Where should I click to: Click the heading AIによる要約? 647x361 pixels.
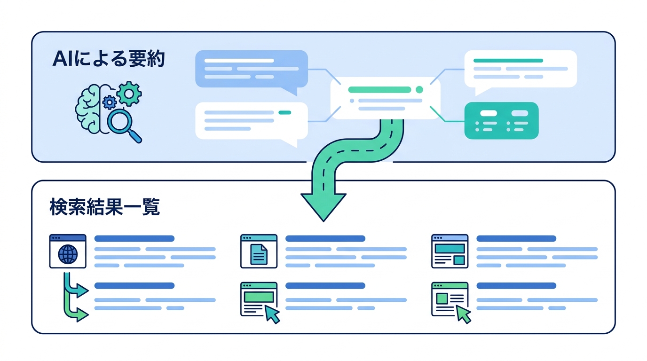tap(109, 59)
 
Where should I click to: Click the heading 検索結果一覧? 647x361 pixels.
tap(104, 207)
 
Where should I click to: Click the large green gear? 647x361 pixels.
tap(129, 94)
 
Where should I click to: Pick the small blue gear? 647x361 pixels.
tap(110, 102)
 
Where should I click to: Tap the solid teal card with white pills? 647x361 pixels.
tap(501, 120)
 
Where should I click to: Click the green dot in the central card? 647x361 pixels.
tap(419, 89)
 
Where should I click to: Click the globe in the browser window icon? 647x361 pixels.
tap(68, 254)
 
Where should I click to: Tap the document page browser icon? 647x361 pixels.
tap(259, 251)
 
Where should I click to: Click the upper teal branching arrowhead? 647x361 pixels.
tap(82, 290)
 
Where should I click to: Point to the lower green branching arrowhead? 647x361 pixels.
tap(82, 315)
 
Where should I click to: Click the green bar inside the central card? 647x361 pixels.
tap(379, 89)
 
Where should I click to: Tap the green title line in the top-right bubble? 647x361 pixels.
tap(508, 61)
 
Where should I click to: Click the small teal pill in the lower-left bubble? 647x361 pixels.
tap(285, 113)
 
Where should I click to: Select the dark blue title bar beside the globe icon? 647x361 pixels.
tap(134, 238)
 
